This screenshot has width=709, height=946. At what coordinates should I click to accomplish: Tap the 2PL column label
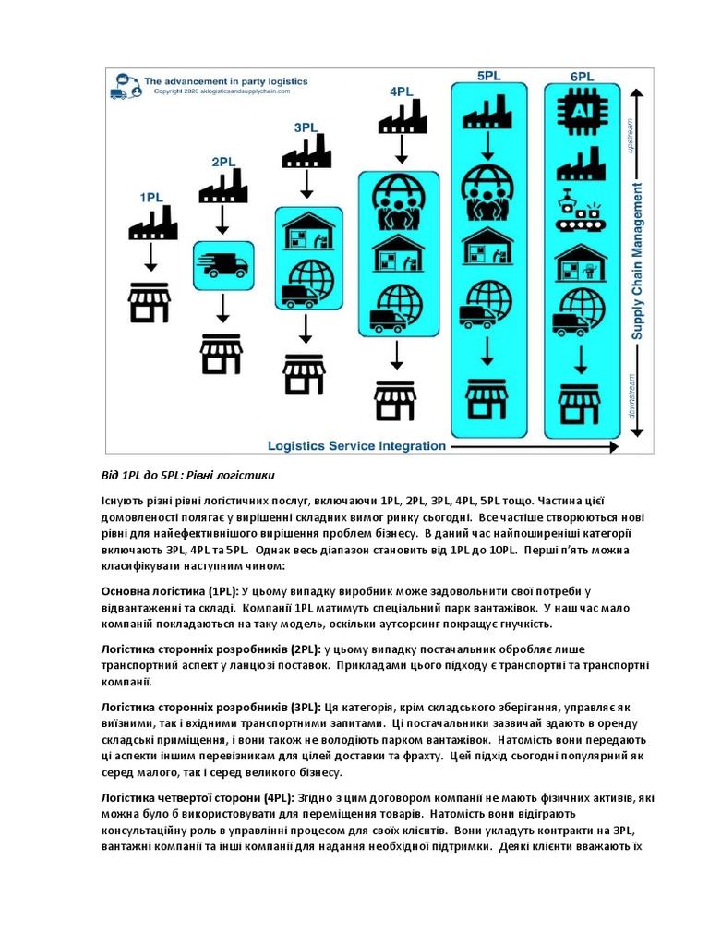(224, 162)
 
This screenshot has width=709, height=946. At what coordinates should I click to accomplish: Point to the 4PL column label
(401, 91)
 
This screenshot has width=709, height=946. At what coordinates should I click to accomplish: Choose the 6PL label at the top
(582, 77)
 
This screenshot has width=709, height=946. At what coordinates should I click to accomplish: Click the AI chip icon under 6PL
(582, 110)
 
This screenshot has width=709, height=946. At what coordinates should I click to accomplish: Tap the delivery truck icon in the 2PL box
(222, 266)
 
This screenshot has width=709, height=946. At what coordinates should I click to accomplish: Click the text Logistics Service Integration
(356, 445)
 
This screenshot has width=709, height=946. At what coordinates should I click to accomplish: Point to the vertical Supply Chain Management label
(637, 261)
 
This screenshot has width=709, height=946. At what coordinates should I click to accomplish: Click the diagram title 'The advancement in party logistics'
(225, 81)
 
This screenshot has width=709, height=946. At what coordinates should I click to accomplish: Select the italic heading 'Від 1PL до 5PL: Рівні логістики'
(188, 477)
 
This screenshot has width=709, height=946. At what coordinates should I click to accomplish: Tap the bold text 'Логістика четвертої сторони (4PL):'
(197, 797)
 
